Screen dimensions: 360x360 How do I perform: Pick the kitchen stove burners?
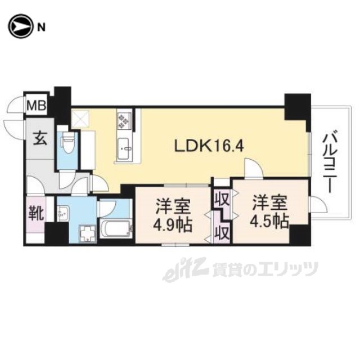pos(124,120)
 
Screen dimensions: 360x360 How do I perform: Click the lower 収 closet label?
pos(222,231)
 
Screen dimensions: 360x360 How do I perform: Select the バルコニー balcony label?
pos(332,159)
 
